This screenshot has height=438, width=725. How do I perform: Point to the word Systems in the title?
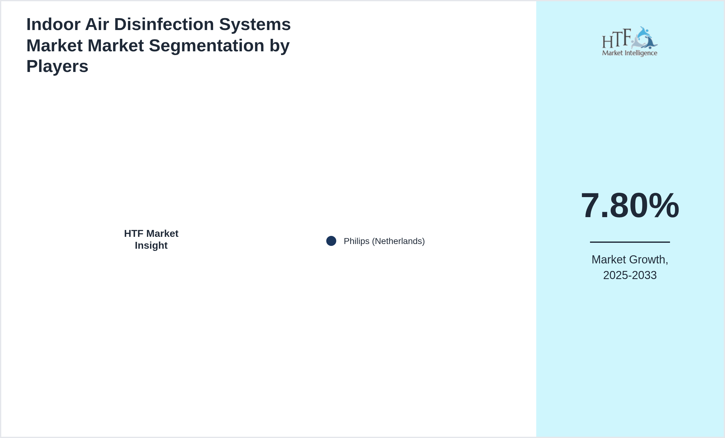click(255, 24)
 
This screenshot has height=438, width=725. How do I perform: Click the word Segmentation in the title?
click(206, 46)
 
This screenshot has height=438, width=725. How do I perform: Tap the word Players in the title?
click(57, 66)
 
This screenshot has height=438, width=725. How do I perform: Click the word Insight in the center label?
click(151, 246)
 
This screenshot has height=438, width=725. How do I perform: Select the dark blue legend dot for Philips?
click(331, 241)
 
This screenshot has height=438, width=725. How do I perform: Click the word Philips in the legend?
click(357, 241)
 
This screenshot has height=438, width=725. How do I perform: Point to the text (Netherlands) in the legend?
click(398, 241)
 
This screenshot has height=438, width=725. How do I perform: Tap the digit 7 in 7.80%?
click(590, 206)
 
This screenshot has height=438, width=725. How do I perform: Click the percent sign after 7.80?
click(664, 206)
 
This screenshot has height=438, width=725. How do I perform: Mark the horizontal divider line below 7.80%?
click(630, 242)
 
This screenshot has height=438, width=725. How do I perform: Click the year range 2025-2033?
click(630, 275)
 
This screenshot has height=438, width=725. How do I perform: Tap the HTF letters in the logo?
click(616, 39)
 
